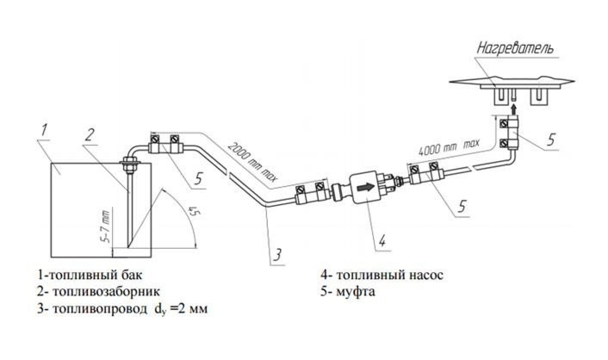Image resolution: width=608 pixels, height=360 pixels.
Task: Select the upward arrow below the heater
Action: (513, 108)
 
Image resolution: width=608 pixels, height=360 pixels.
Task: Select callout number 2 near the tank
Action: (89, 135)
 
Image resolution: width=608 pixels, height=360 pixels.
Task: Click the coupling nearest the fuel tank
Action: (165, 144)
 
